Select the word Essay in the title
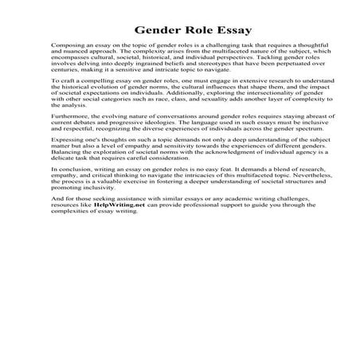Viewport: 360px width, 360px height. coord(231,31)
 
